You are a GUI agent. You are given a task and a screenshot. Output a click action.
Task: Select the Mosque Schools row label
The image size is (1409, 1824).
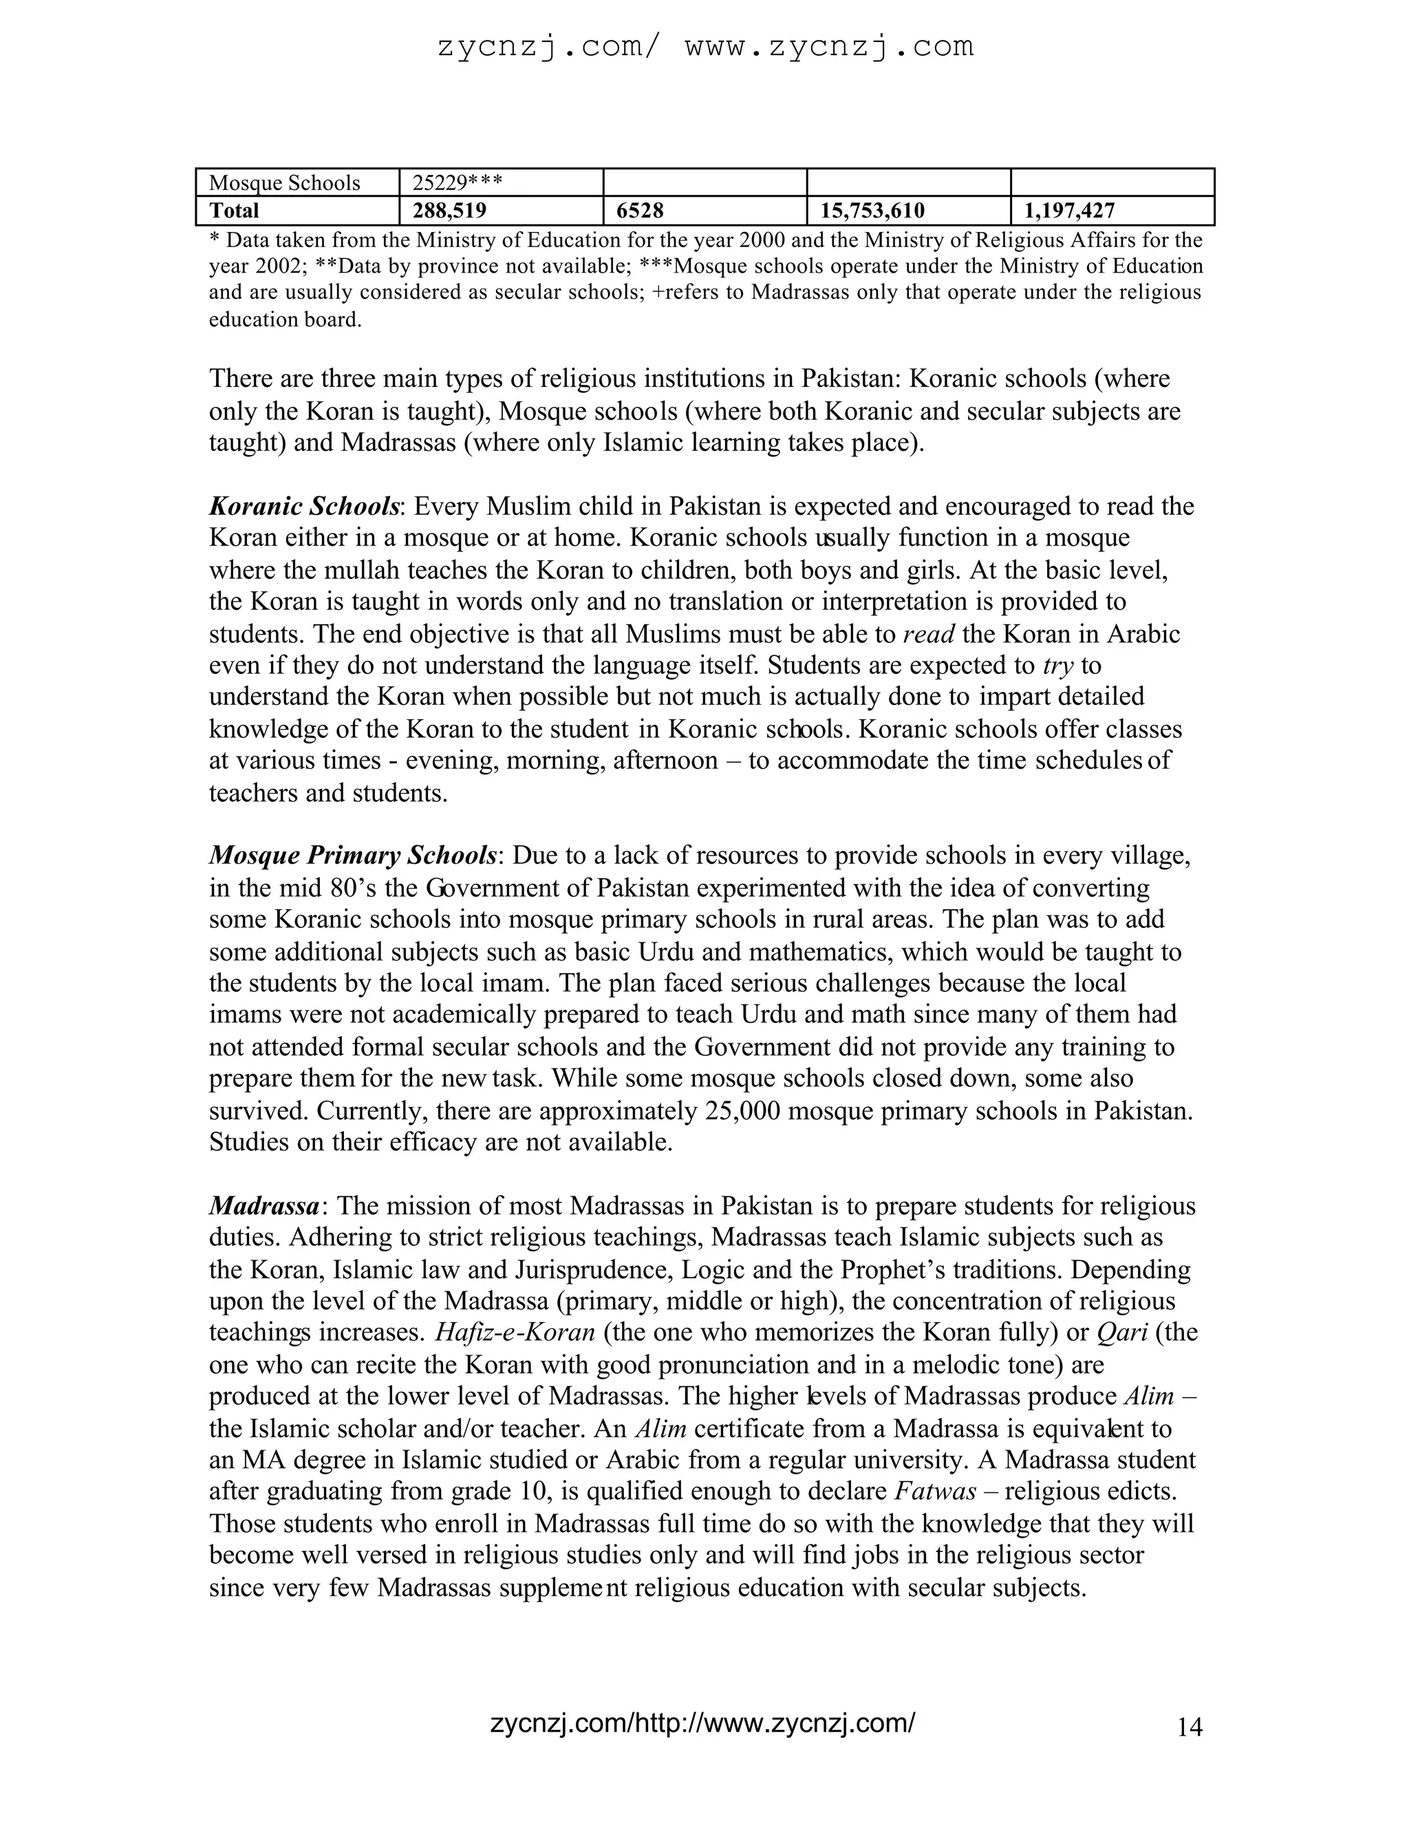284,183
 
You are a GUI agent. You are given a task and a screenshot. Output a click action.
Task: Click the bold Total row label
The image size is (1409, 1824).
234,211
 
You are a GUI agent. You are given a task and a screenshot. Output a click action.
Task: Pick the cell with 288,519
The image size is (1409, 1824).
449,211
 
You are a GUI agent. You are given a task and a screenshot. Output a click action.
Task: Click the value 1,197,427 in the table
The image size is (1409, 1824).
1069,211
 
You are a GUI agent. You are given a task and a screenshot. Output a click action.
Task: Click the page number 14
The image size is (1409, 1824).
1190,1727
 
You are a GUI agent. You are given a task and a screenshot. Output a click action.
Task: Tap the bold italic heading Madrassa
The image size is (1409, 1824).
263,1205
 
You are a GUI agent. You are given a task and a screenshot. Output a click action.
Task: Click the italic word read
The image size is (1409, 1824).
929,634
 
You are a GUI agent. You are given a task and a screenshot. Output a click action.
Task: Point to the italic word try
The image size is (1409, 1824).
1057,666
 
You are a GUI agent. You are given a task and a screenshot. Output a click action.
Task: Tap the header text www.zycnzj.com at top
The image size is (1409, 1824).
829,46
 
